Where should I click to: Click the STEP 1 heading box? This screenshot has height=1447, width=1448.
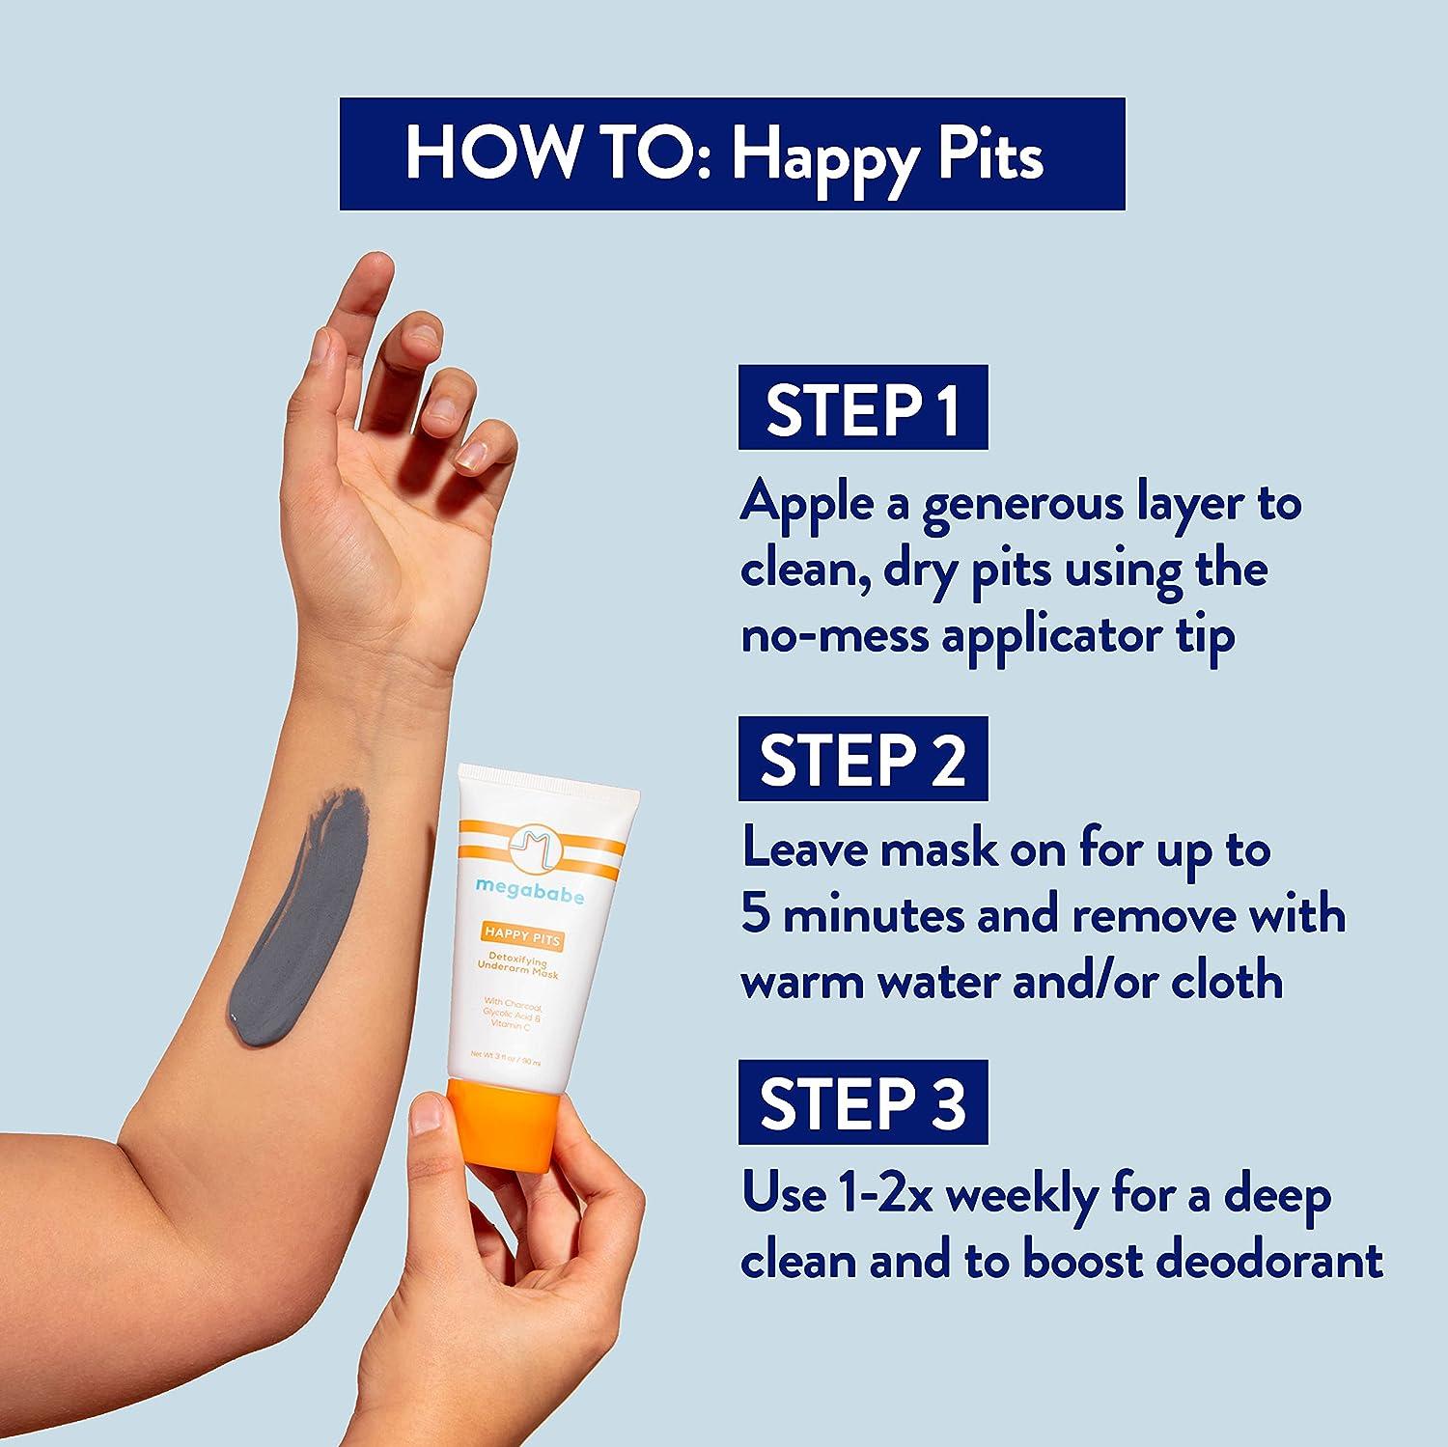[862, 407]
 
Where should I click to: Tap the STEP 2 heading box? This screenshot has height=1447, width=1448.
[862, 758]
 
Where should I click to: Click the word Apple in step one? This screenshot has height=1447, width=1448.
[806, 505]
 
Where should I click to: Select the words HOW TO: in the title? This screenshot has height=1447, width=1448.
[558, 153]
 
